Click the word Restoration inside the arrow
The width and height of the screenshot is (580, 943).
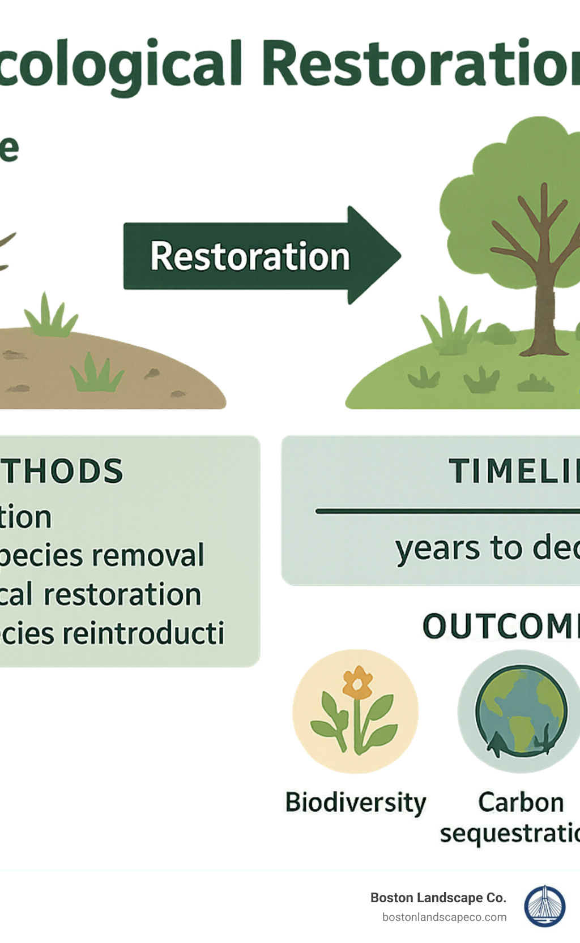(250, 256)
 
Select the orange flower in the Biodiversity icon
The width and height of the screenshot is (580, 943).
(357, 684)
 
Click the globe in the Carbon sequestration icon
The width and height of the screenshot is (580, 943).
(521, 710)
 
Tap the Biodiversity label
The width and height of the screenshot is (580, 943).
(355, 803)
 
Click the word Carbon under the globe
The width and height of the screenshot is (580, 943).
(521, 802)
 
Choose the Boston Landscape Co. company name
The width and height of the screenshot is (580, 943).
(438, 898)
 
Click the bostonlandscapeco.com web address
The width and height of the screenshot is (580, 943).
(444, 917)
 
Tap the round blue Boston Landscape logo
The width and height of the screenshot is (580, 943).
(544, 906)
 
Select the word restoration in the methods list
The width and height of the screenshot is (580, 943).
(122, 595)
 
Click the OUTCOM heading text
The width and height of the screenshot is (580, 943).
(500, 627)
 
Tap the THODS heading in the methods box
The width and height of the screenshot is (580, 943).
(62, 471)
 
